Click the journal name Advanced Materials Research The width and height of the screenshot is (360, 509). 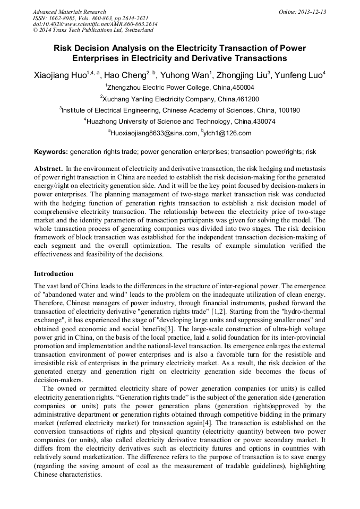click(x=69, y=12)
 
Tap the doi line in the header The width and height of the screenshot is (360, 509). click(x=95, y=24)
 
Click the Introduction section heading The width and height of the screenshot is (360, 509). click(x=54, y=274)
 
